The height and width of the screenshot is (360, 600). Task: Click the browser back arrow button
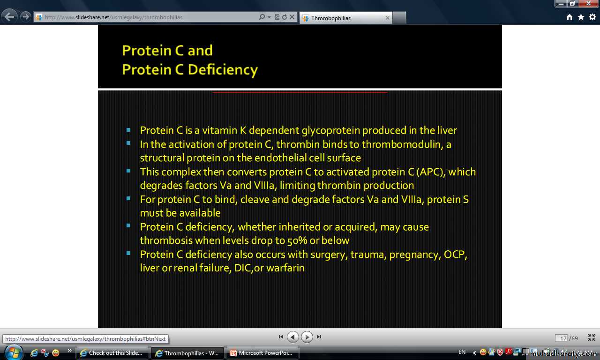point(9,17)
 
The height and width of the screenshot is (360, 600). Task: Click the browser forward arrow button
point(26,17)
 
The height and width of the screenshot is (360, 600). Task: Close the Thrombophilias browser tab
point(387,18)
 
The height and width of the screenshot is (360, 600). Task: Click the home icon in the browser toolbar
point(570,17)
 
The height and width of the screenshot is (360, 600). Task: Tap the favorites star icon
point(581,17)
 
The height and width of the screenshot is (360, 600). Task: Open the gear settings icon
point(592,17)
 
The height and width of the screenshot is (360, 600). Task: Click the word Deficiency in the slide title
point(223,70)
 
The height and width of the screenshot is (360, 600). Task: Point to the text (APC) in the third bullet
point(431,172)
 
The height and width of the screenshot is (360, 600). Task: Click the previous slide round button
point(293,337)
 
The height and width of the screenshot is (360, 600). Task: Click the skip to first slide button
point(281,337)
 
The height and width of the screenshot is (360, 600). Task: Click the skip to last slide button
point(319,337)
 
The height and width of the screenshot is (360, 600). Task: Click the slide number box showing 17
point(561,338)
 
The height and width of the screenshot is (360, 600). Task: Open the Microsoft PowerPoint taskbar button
point(262,353)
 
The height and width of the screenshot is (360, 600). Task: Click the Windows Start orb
point(13,353)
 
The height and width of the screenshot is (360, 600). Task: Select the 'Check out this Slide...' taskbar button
point(112,353)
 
